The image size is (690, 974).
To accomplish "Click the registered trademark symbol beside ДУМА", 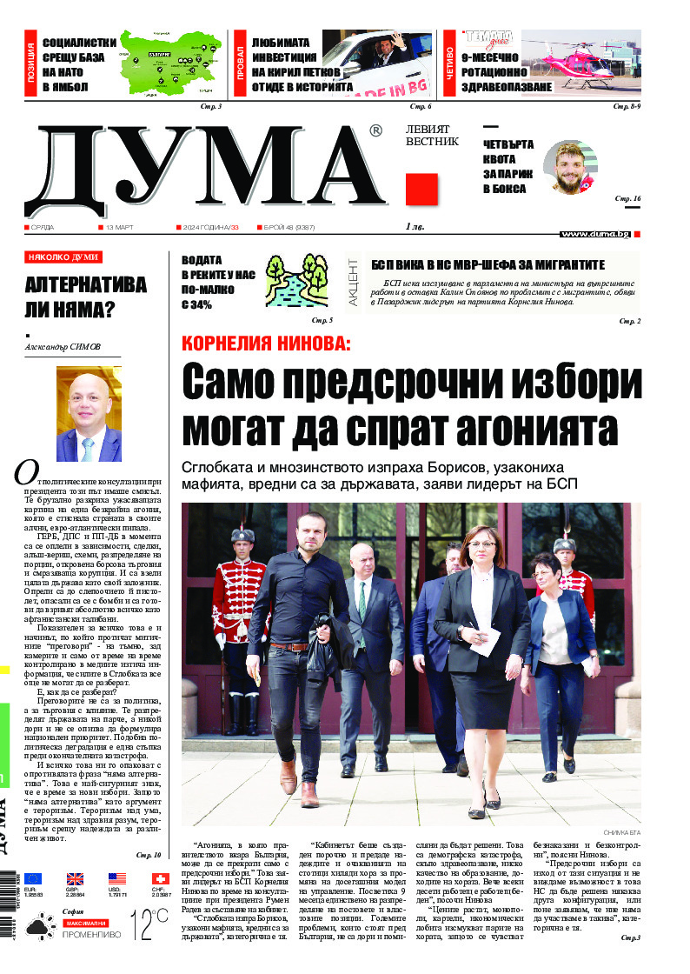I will click(x=375, y=130).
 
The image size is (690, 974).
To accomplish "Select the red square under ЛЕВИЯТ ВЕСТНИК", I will click(x=421, y=189).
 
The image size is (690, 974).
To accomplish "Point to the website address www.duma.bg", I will click(x=595, y=234).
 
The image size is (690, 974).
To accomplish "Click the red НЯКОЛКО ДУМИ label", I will click(x=63, y=257).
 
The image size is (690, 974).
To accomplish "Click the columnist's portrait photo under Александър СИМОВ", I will click(x=89, y=413).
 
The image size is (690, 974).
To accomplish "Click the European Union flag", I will click(x=32, y=879).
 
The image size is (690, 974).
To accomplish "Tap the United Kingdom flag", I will click(x=75, y=879).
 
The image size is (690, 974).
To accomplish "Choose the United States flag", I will click(x=116, y=879).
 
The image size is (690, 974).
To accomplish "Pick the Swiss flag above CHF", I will click(x=159, y=879).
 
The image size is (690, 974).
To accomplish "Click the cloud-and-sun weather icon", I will click(x=38, y=927).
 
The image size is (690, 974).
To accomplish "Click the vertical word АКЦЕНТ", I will click(x=353, y=283).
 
